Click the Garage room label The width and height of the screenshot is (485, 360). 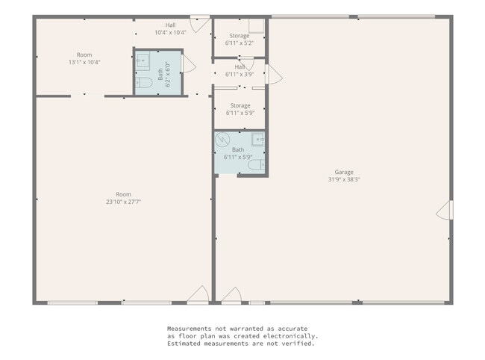click(x=344, y=172)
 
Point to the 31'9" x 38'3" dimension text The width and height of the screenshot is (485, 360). click(x=344, y=179)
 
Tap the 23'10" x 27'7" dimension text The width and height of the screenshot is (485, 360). click(x=123, y=202)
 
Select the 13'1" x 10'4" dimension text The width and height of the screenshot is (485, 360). click(x=84, y=62)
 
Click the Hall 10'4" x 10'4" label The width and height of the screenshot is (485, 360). click(x=170, y=29)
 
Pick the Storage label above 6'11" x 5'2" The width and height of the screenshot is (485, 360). click(x=240, y=36)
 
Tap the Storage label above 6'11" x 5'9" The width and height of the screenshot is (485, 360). click(x=240, y=105)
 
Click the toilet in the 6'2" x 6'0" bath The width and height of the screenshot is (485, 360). click(x=144, y=83)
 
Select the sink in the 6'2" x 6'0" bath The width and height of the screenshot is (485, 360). click(x=143, y=59)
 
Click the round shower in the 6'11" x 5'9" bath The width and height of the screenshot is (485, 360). click(x=222, y=140)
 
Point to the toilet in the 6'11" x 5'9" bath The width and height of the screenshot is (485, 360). click(x=257, y=165)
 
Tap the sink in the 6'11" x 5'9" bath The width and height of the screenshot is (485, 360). click(x=258, y=140)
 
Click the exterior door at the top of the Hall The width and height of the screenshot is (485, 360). click(x=200, y=24)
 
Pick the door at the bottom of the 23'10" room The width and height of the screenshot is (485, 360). click(x=198, y=294)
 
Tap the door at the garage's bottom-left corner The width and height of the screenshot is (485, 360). click(x=231, y=295)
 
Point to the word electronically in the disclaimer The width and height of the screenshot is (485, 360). click(x=290, y=336)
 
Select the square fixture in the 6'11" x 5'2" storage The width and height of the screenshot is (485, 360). click(x=257, y=26)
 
